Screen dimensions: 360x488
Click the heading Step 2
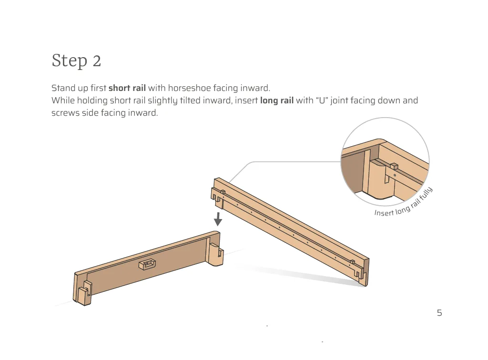tap(76, 61)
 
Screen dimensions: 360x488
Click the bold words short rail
tap(127, 88)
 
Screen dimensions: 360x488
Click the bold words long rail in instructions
tap(276, 100)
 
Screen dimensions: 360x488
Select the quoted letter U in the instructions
tap(321, 100)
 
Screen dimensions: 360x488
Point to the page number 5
tap(439, 313)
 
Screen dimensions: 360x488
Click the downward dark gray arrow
tap(218, 219)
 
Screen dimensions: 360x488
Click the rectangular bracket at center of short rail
tap(147, 263)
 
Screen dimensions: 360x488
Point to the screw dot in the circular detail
tap(395, 175)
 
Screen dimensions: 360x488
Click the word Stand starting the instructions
tap(63, 88)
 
